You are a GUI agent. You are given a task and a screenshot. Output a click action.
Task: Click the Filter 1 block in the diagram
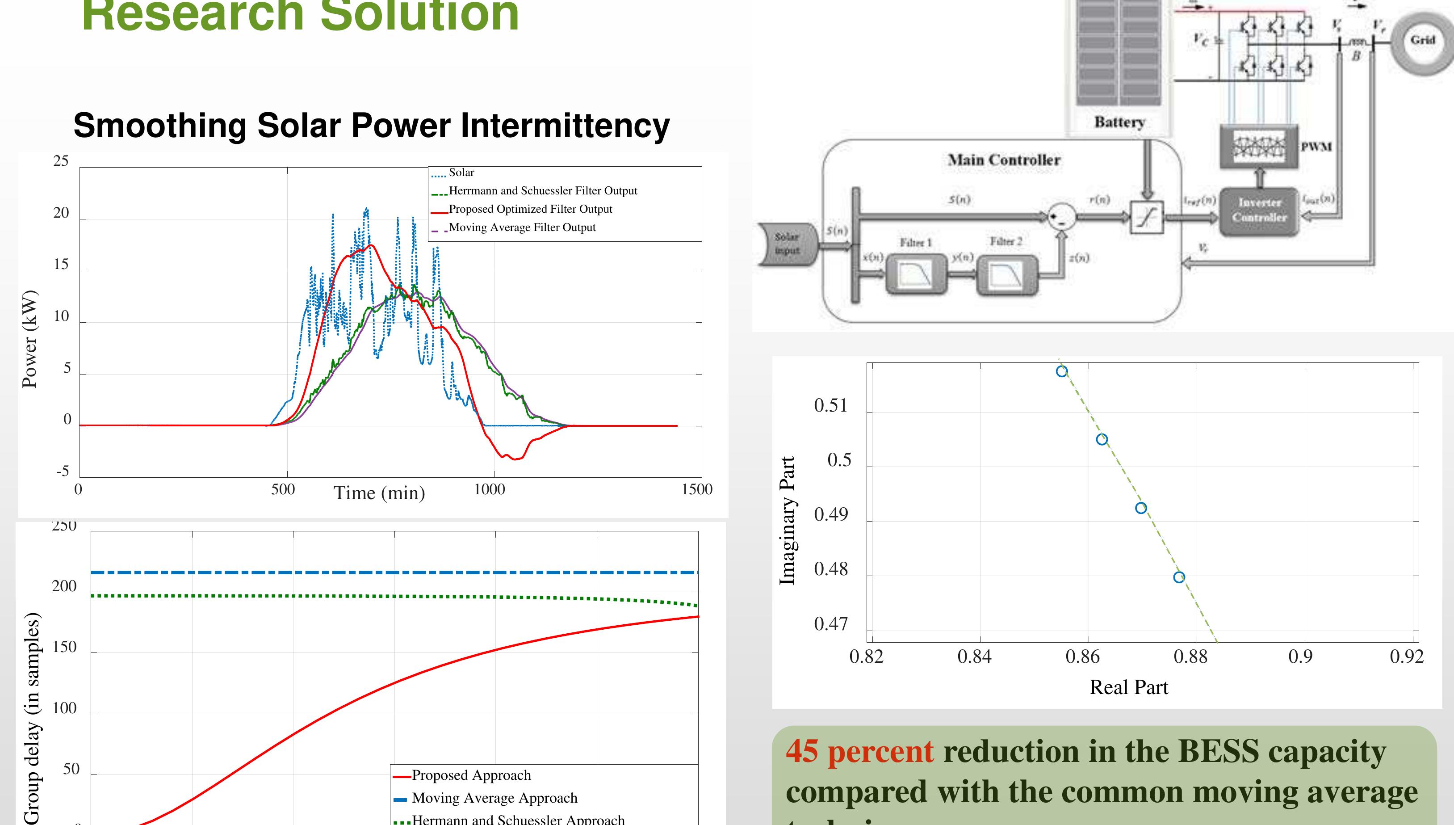[916, 274]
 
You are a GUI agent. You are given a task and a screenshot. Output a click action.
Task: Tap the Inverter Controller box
[1259, 210]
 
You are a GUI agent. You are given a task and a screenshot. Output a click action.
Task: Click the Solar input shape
[788, 244]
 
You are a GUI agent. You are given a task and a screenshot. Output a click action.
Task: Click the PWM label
[1316, 147]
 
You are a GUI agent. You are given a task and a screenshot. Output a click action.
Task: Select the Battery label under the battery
[1119, 122]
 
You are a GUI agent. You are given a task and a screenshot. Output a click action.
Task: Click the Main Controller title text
[1004, 160]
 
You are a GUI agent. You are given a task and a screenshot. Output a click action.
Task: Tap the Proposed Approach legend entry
[471, 775]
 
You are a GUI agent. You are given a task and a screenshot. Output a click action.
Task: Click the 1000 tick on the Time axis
[489, 489]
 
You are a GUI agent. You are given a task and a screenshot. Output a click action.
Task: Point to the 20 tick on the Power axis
[61, 213]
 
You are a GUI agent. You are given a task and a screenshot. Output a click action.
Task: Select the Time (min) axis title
[379, 493]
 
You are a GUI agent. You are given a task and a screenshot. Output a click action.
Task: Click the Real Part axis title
[1128, 687]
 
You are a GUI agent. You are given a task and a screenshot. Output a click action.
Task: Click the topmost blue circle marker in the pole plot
[1062, 371]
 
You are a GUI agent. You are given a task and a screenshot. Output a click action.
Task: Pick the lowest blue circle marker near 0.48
[1179, 577]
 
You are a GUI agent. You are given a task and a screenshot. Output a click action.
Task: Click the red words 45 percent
[859, 751]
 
